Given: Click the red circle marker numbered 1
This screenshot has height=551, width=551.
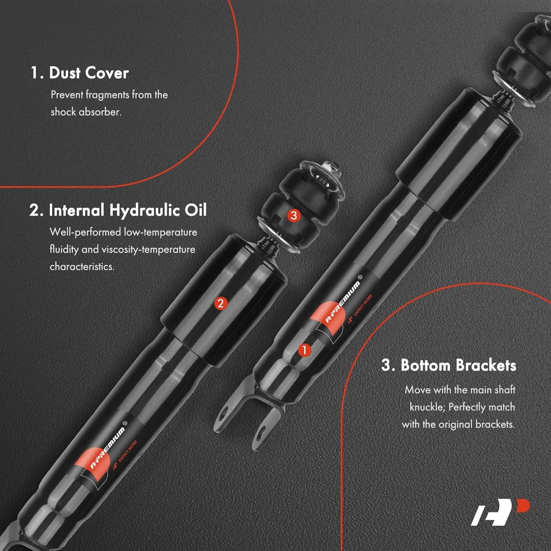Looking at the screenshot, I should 304,350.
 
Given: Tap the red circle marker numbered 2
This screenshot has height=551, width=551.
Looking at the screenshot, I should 220,303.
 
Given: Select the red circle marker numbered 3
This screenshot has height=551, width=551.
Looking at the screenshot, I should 293,215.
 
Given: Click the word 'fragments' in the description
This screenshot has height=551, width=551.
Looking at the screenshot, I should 108,95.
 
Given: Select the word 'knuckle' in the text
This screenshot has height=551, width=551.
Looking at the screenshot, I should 426,407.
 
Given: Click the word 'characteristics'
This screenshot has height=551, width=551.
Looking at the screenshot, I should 82,266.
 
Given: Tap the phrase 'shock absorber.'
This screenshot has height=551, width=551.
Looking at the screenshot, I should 86,112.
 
